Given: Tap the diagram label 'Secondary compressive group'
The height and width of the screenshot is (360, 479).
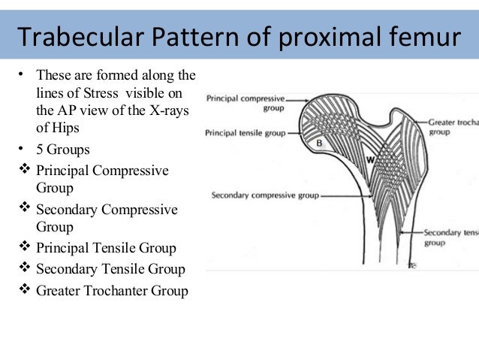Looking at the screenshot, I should (x=265, y=196).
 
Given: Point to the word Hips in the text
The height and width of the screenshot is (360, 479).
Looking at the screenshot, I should (x=64, y=128).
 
